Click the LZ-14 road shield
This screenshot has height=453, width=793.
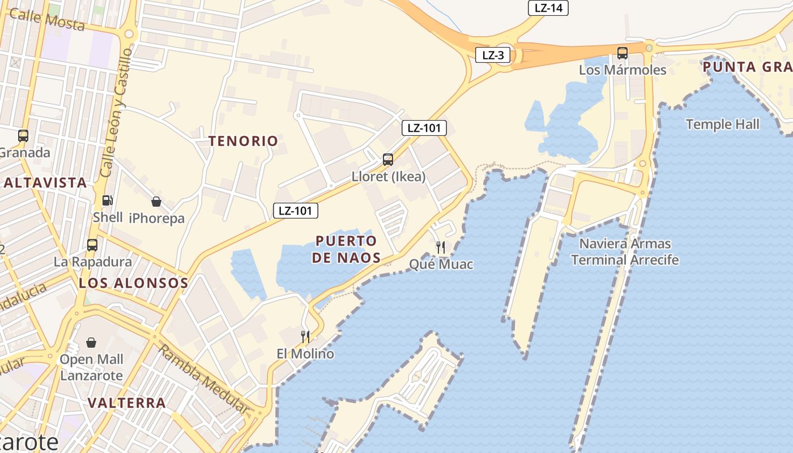tap(548, 8)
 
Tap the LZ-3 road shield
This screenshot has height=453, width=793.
tap(493, 55)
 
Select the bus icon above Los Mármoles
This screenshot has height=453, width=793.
tap(622, 53)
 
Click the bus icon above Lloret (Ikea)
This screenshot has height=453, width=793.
tap(388, 160)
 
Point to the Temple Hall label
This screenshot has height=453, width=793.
tap(722, 125)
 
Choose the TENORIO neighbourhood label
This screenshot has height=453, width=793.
tap(244, 141)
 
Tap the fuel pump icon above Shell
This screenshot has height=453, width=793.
tap(108, 200)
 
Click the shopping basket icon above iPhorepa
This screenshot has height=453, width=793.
tap(156, 202)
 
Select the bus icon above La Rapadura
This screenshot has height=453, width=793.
tap(92, 245)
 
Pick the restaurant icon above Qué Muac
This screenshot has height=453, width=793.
tap(441, 247)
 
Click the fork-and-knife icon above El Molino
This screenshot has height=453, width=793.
tap(305, 337)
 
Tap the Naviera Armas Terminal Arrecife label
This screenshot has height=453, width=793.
tap(624, 252)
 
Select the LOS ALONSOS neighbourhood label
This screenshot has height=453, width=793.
tap(133, 283)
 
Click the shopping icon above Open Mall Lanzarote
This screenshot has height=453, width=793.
tap(91, 343)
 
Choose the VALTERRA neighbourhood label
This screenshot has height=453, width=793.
tap(127, 403)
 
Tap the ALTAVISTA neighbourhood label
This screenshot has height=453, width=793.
tap(45, 182)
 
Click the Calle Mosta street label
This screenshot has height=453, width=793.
tap(47, 20)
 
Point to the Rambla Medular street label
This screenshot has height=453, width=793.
tap(203, 379)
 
